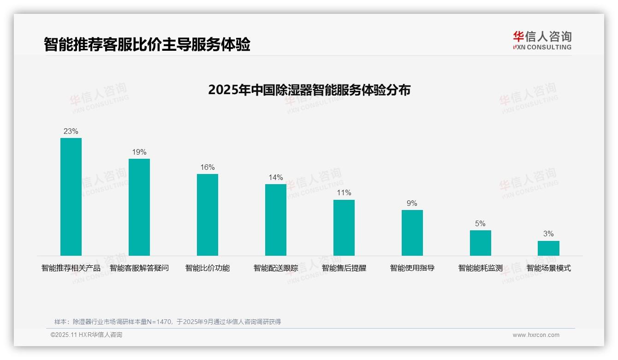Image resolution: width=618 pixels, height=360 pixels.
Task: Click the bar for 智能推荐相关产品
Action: [x=71, y=197]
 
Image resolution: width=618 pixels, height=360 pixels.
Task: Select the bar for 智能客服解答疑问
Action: [x=139, y=207]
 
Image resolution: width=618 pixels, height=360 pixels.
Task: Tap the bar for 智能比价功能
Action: [x=208, y=215]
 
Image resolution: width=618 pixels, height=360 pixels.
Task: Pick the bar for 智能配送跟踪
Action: [x=276, y=220]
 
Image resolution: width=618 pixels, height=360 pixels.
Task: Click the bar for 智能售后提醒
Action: [x=344, y=228]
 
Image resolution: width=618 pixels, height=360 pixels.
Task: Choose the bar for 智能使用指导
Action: [x=412, y=233]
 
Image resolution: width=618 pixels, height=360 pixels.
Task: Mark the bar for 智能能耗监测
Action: [x=480, y=243]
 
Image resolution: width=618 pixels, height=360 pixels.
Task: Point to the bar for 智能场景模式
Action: [x=548, y=248]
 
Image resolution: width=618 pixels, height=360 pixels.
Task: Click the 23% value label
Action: [x=71, y=132]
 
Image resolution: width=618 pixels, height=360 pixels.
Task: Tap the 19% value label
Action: [x=139, y=152]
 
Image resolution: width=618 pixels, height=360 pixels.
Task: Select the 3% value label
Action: [x=548, y=234]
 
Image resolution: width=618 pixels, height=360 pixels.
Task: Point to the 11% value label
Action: [x=344, y=193]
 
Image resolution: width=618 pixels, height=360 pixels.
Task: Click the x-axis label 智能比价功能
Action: [x=208, y=268]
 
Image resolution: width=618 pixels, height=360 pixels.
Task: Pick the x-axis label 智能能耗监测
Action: [x=480, y=268]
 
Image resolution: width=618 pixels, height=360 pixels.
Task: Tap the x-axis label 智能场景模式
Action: [x=548, y=268]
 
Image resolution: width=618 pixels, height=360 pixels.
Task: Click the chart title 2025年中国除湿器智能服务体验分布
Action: [x=309, y=90]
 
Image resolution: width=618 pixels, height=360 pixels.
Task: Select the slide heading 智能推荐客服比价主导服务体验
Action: [x=147, y=45]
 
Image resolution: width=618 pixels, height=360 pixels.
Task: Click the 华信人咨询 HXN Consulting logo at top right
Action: [x=542, y=41]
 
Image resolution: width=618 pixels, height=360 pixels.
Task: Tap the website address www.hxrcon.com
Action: [x=536, y=335]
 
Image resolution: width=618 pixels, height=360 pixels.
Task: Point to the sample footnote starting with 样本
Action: [x=167, y=322]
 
